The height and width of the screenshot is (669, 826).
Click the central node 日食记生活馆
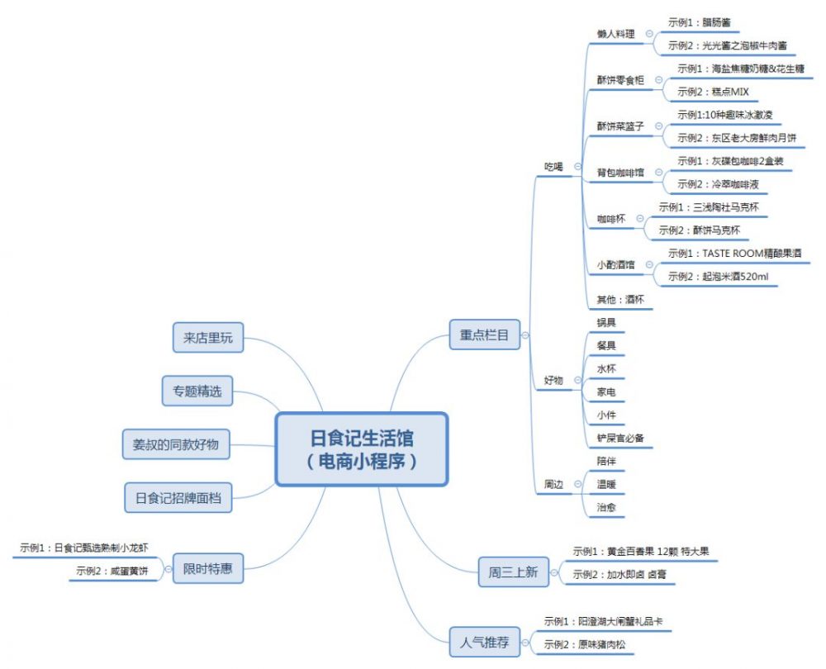click(x=361, y=449)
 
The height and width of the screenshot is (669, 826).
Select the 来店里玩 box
click(x=208, y=337)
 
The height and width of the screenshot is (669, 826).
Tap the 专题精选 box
click(x=197, y=391)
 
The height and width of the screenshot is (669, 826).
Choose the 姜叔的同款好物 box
click(x=176, y=444)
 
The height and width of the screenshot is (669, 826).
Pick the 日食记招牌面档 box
click(x=178, y=497)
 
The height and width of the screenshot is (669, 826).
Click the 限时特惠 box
click(x=208, y=568)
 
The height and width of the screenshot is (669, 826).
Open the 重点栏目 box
click(x=484, y=334)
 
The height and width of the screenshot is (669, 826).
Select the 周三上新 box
click(x=513, y=572)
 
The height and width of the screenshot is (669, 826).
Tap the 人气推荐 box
click(x=485, y=641)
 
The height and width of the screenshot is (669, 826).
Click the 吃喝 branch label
click(x=553, y=166)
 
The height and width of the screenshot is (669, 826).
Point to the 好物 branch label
click(x=553, y=381)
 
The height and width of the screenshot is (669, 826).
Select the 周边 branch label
click(x=553, y=485)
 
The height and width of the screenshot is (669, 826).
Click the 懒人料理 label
click(x=615, y=34)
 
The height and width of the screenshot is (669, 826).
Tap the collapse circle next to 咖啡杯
click(x=640, y=218)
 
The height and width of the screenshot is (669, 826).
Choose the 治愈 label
click(x=606, y=507)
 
